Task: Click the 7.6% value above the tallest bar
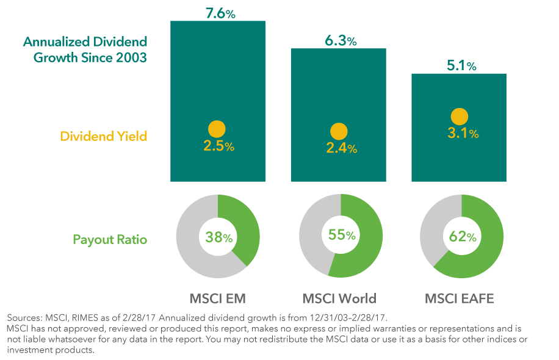pyautogui.click(x=217, y=12)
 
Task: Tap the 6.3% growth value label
pyautogui.click(x=339, y=40)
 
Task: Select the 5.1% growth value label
pyautogui.click(x=459, y=65)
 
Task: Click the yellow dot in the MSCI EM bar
pyautogui.click(x=217, y=129)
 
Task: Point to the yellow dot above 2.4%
pyautogui.click(x=338, y=131)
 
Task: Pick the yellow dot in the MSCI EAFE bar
pyautogui.click(x=459, y=117)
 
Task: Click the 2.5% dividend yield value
pyautogui.click(x=218, y=146)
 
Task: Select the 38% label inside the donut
pyautogui.click(x=218, y=237)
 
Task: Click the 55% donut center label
pyautogui.click(x=339, y=236)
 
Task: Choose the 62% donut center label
pyautogui.click(x=462, y=236)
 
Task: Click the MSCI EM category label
pyautogui.click(x=218, y=299)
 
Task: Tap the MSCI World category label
pyautogui.click(x=339, y=299)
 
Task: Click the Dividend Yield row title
pyautogui.click(x=103, y=136)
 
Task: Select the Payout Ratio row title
pyautogui.click(x=110, y=239)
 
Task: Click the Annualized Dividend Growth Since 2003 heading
pyautogui.click(x=85, y=50)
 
